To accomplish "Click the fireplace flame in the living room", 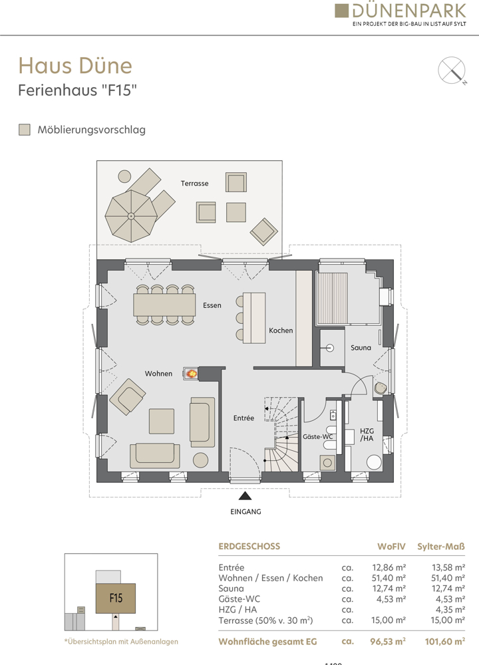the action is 192,373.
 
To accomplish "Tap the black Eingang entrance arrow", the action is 245,496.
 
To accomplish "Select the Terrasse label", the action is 194,184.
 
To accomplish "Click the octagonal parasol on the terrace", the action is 131,216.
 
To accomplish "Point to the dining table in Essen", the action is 164,305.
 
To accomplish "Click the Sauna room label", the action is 361,347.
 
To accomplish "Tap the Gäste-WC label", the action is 317,436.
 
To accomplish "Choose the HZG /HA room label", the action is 367,435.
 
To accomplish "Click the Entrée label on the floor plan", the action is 243,418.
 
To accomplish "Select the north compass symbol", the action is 452,70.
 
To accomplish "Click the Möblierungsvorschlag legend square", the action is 25,130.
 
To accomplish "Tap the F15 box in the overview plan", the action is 115,598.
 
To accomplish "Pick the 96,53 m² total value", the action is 388,642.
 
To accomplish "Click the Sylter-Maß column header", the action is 441,546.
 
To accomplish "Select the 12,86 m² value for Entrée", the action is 389,567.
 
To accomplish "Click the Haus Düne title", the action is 75,65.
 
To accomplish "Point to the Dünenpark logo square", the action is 341,11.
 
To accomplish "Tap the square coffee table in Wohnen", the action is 162,421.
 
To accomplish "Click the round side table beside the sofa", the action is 200,460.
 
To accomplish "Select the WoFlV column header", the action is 391,546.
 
